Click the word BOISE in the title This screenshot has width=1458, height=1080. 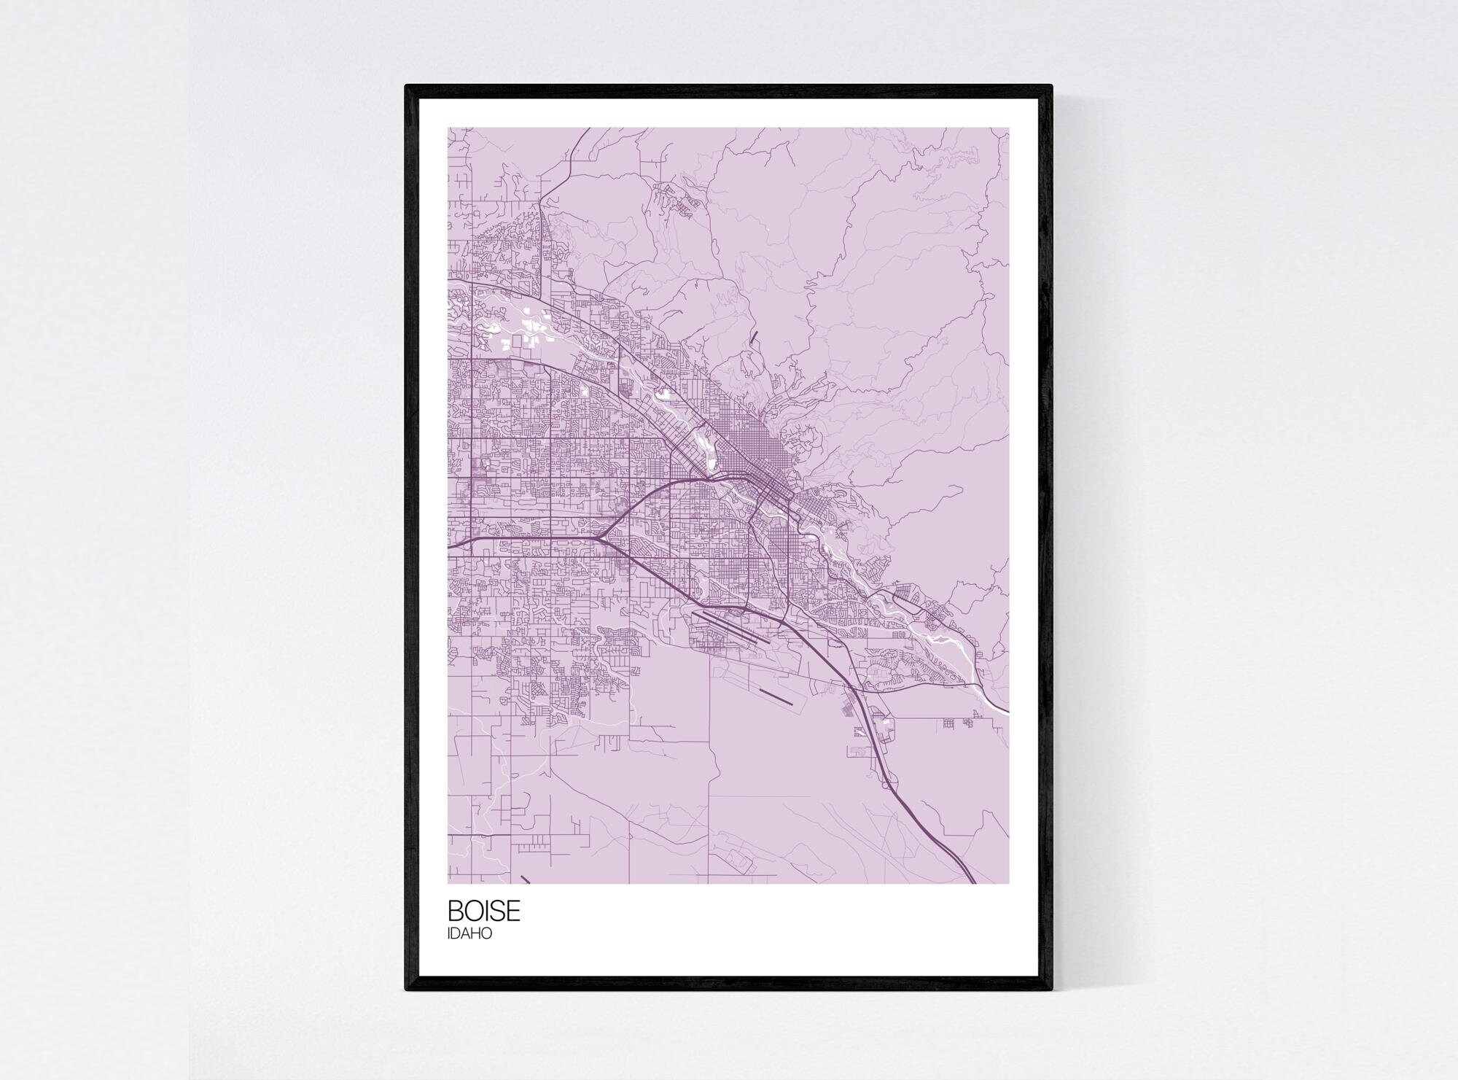[x=484, y=911]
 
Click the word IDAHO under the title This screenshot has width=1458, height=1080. [x=469, y=933]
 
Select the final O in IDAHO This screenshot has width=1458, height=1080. [x=486, y=933]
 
